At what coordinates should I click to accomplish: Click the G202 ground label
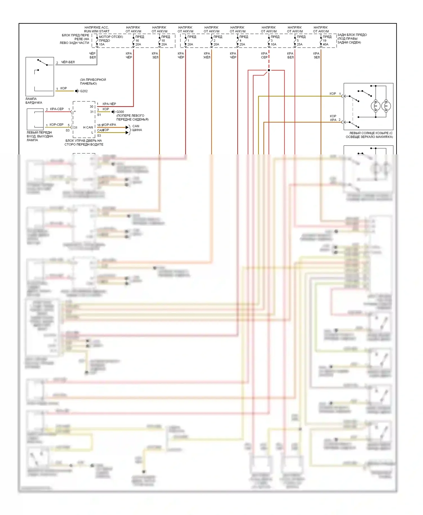pyautogui.click(x=84, y=91)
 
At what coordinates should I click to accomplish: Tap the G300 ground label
pyautogui.click(x=120, y=112)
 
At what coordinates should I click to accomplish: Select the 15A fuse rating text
pyautogui.click(x=102, y=45)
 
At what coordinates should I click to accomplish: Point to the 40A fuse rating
pyautogui.click(x=325, y=45)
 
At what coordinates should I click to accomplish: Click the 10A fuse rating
pyautogui.click(x=274, y=45)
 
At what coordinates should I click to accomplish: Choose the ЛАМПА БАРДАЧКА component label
pyautogui.click(x=34, y=101)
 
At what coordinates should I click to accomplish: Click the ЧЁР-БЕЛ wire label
pyautogui.click(x=68, y=62)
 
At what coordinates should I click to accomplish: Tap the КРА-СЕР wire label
pyautogui.click(x=57, y=109)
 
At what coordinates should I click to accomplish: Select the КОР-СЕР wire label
pyautogui.click(x=56, y=125)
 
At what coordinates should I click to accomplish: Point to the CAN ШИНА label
pyautogui.click(x=137, y=128)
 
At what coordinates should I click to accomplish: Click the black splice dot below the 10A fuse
pyautogui.click(x=269, y=70)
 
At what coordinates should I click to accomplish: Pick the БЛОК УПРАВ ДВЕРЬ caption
pyautogui.click(x=84, y=143)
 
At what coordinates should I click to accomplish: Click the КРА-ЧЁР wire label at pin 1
pyautogui.click(x=109, y=104)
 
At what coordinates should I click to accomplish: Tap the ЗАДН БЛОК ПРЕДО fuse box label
pyautogui.click(x=352, y=39)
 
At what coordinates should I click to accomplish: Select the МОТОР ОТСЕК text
pyautogui.click(x=111, y=37)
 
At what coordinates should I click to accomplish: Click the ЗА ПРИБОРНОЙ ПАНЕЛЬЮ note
pyautogui.click(x=93, y=82)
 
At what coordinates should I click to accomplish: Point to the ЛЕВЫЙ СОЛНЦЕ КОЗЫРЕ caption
pyautogui.click(x=369, y=135)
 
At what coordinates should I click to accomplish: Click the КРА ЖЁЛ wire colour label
pyautogui.click(x=207, y=56)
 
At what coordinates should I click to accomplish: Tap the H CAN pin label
pyautogui.click(x=88, y=128)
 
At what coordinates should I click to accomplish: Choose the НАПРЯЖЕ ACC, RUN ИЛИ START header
pyautogui.click(x=97, y=29)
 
